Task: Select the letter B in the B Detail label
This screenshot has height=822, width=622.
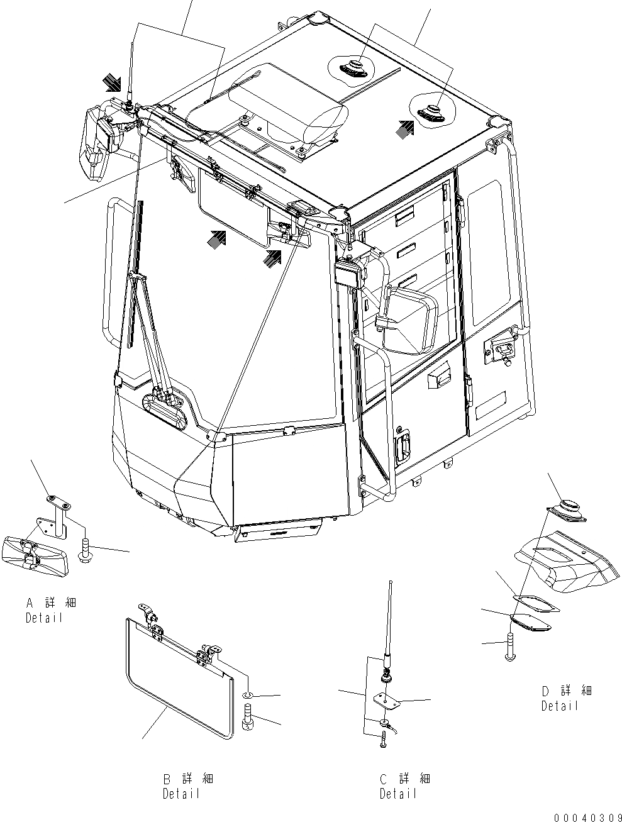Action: click(x=167, y=779)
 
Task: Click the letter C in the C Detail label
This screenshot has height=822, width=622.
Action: click(x=384, y=779)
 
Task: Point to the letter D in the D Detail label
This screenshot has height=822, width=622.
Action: click(x=546, y=691)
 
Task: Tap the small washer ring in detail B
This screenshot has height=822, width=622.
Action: click(x=247, y=696)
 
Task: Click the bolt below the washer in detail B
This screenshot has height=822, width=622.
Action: click(x=247, y=719)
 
